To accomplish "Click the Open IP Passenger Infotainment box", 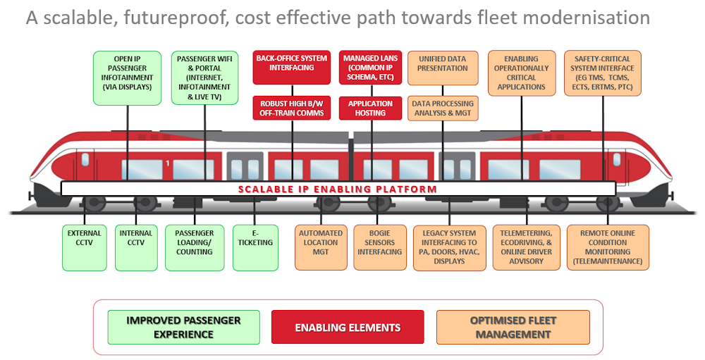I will [x=128, y=77].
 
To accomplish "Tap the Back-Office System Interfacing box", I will [x=291, y=67].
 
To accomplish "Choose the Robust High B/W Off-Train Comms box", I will [x=291, y=108].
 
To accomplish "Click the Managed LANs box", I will [x=371, y=67].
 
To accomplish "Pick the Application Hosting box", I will [x=371, y=108].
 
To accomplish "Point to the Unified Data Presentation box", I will [x=443, y=68].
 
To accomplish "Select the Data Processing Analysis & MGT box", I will [x=443, y=108].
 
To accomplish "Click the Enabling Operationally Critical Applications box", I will [x=522, y=73].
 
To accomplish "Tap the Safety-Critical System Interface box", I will [x=603, y=73].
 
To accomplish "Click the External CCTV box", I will [x=84, y=247].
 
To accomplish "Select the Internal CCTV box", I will [x=136, y=247].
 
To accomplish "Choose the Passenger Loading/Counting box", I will [x=194, y=247].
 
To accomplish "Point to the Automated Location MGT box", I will [x=321, y=247].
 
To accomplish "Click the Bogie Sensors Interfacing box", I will [x=379, y=247].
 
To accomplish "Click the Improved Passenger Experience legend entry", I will [x=183, y=328].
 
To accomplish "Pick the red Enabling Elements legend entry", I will [x=348, y=328].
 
